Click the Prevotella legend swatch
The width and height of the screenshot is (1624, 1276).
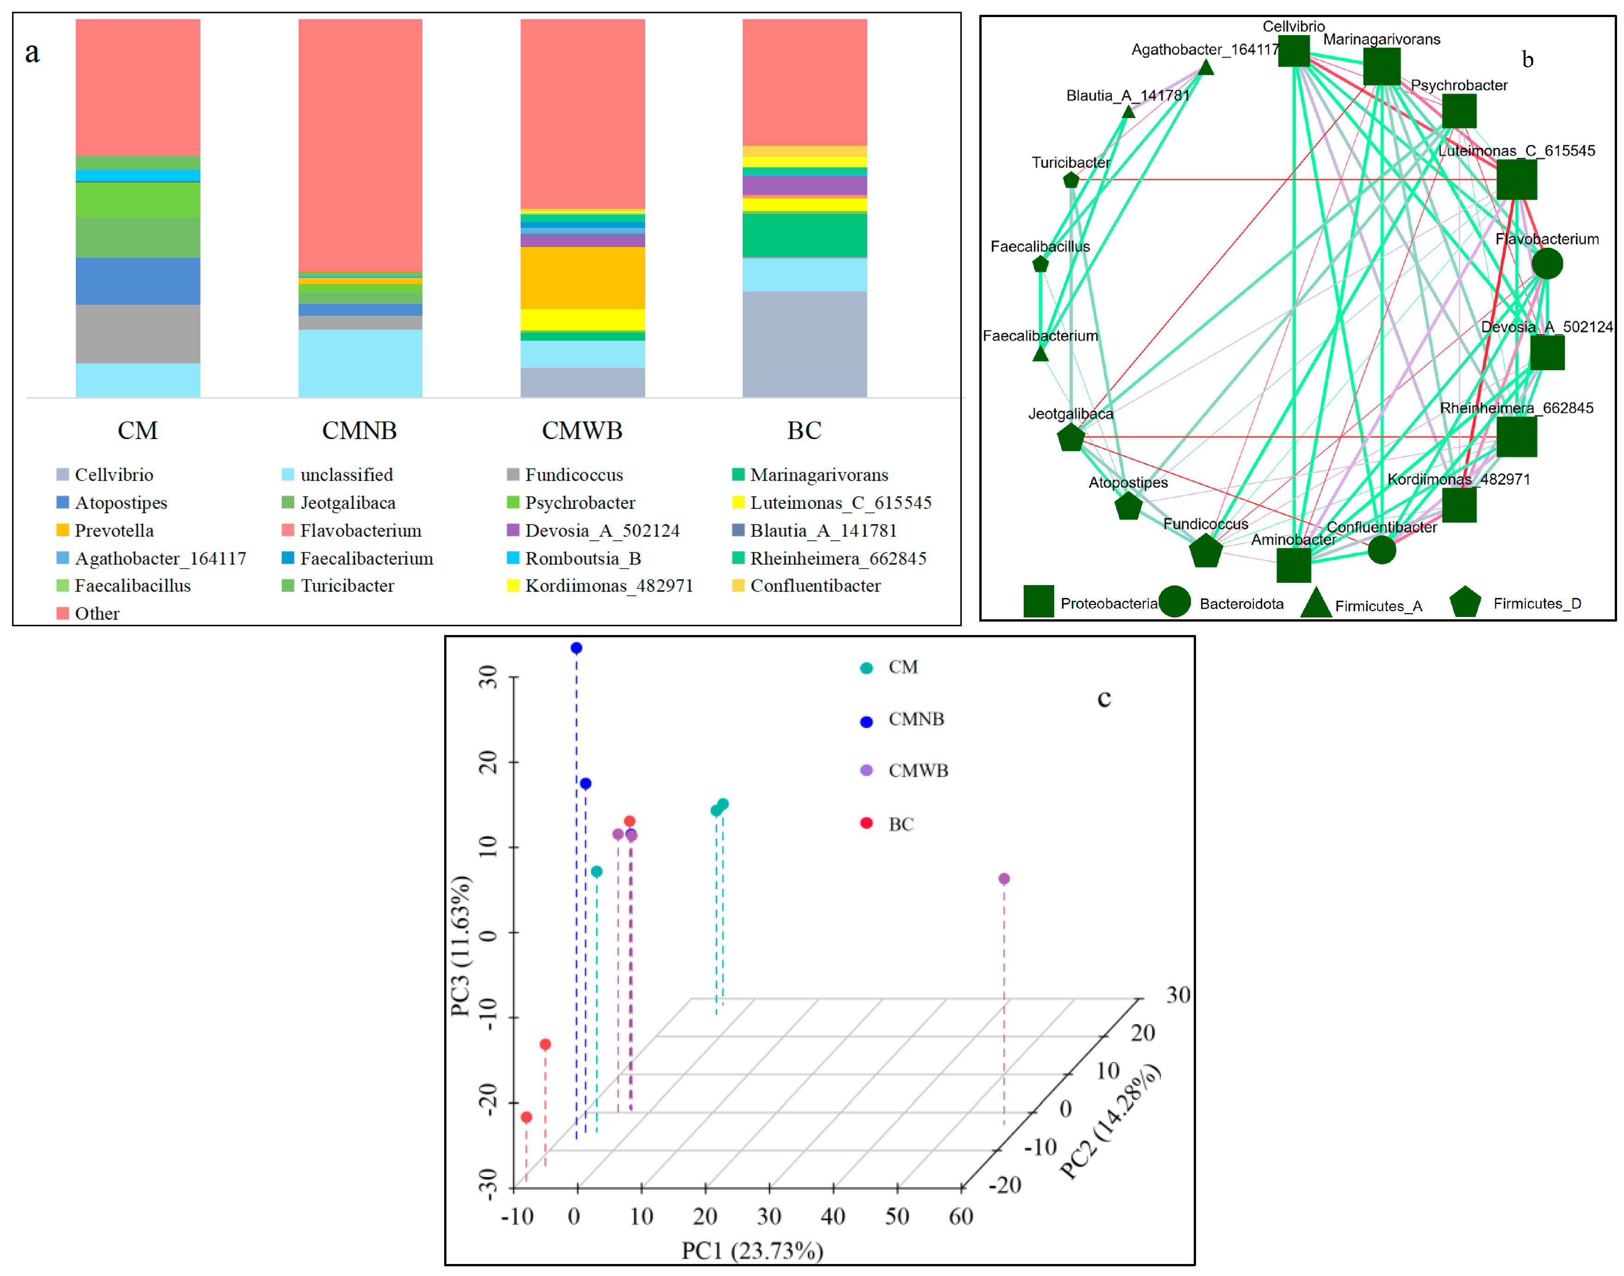[63, 531]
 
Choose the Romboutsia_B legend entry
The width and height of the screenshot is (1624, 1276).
[583, 558]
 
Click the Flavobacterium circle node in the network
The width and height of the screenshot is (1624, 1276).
[1546, 264]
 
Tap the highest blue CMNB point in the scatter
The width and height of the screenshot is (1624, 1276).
[576, 648]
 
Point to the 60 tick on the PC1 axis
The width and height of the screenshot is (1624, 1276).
[961, 1216]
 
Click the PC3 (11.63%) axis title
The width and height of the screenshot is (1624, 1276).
[461, 946]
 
